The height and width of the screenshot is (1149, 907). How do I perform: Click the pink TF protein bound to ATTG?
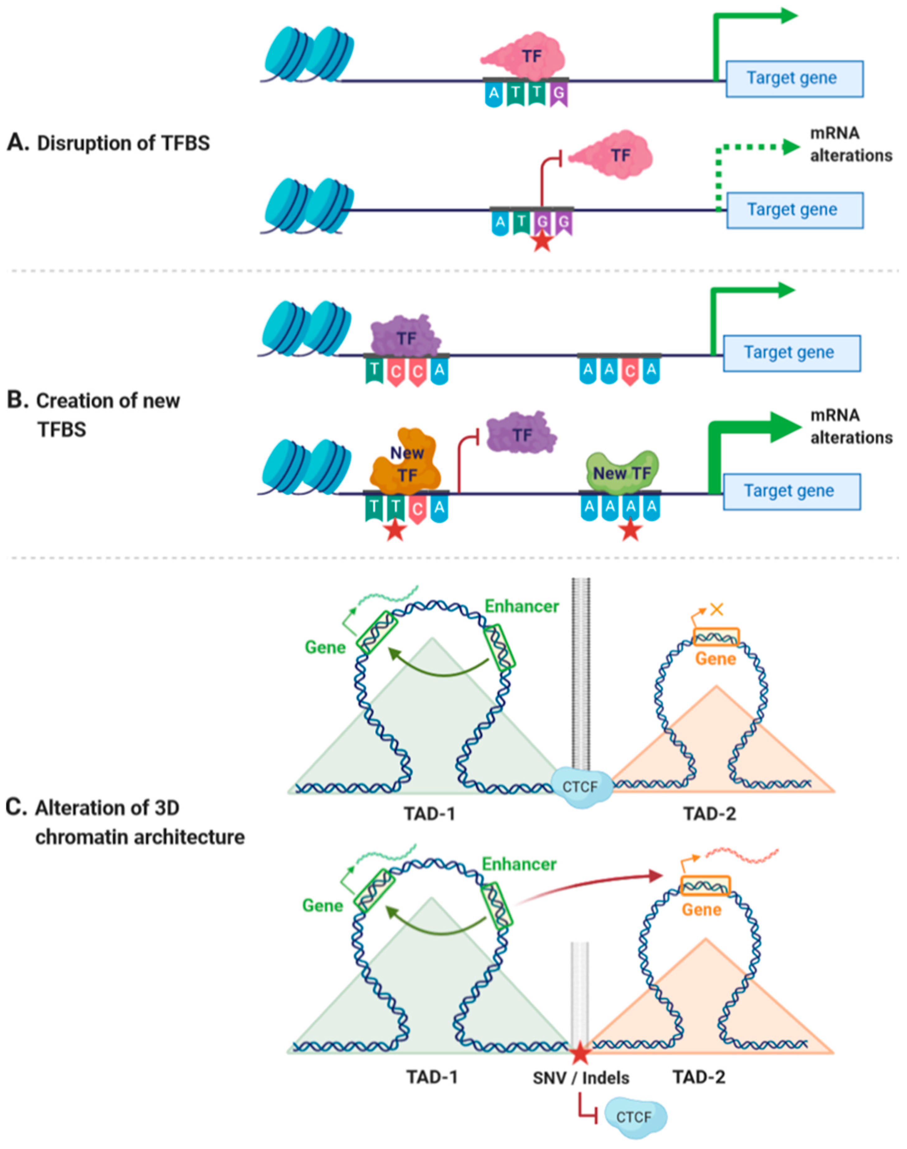[523, 56]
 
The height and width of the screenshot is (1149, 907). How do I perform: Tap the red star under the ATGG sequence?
[542, 242]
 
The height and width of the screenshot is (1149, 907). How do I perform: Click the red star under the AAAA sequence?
[630, 530]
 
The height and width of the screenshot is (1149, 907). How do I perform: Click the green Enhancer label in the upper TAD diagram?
[521, 606]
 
